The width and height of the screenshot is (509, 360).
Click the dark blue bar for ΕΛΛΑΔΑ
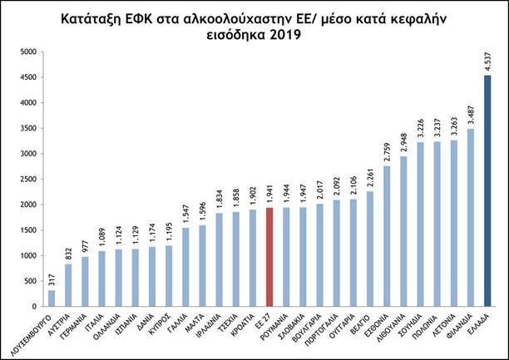(x=487, y=190)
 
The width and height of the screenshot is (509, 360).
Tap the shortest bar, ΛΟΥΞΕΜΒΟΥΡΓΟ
(x=52, y=298)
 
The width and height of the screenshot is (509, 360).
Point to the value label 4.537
(x=487, y=62)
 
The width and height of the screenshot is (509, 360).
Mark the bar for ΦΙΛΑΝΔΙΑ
(x=470, y=217)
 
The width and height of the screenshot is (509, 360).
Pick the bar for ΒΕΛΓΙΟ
(x=368, y=249)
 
